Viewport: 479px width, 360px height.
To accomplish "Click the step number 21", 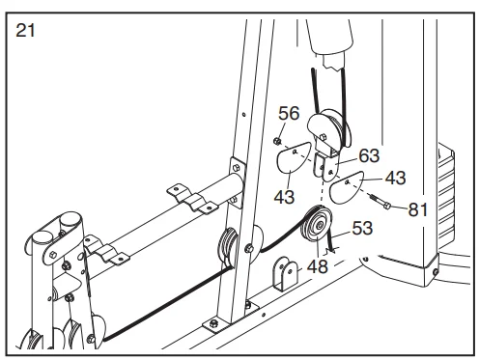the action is (25, 31).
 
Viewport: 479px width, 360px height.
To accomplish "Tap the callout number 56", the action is (289, 113).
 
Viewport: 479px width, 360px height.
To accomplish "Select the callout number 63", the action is (369, 155).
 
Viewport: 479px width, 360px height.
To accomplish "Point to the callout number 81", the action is (418, 209).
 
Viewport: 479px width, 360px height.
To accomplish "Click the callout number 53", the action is (362, 228).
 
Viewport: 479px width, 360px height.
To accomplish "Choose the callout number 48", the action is (318, 266).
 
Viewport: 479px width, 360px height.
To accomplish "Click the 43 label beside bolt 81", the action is (395, 178).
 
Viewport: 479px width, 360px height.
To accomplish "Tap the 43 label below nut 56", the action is (284, 197).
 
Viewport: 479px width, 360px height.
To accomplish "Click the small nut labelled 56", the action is (277, 141).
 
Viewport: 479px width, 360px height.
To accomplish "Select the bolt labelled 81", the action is (380, 202).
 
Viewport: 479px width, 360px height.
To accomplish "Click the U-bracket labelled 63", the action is (326, 166).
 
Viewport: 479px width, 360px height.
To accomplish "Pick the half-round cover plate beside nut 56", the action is (293, 156).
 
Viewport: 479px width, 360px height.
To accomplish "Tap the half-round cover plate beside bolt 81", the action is (346, 187).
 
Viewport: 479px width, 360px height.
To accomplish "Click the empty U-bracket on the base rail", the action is (286, 273).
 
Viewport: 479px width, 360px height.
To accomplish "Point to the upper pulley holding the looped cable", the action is (328, 128).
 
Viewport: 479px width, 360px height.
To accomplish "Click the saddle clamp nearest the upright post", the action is (192, 198).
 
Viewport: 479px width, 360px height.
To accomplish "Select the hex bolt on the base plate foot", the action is (213, 323).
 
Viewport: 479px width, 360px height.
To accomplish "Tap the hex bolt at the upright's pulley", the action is (249, 248).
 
